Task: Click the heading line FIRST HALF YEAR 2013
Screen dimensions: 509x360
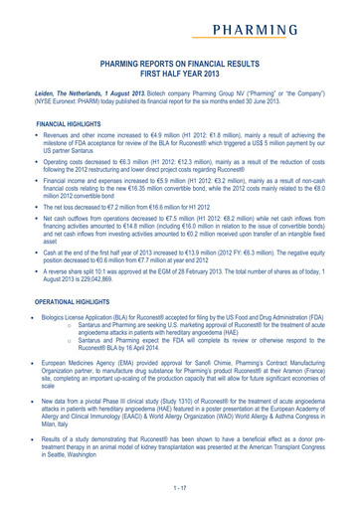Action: click(x=180, y=73)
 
